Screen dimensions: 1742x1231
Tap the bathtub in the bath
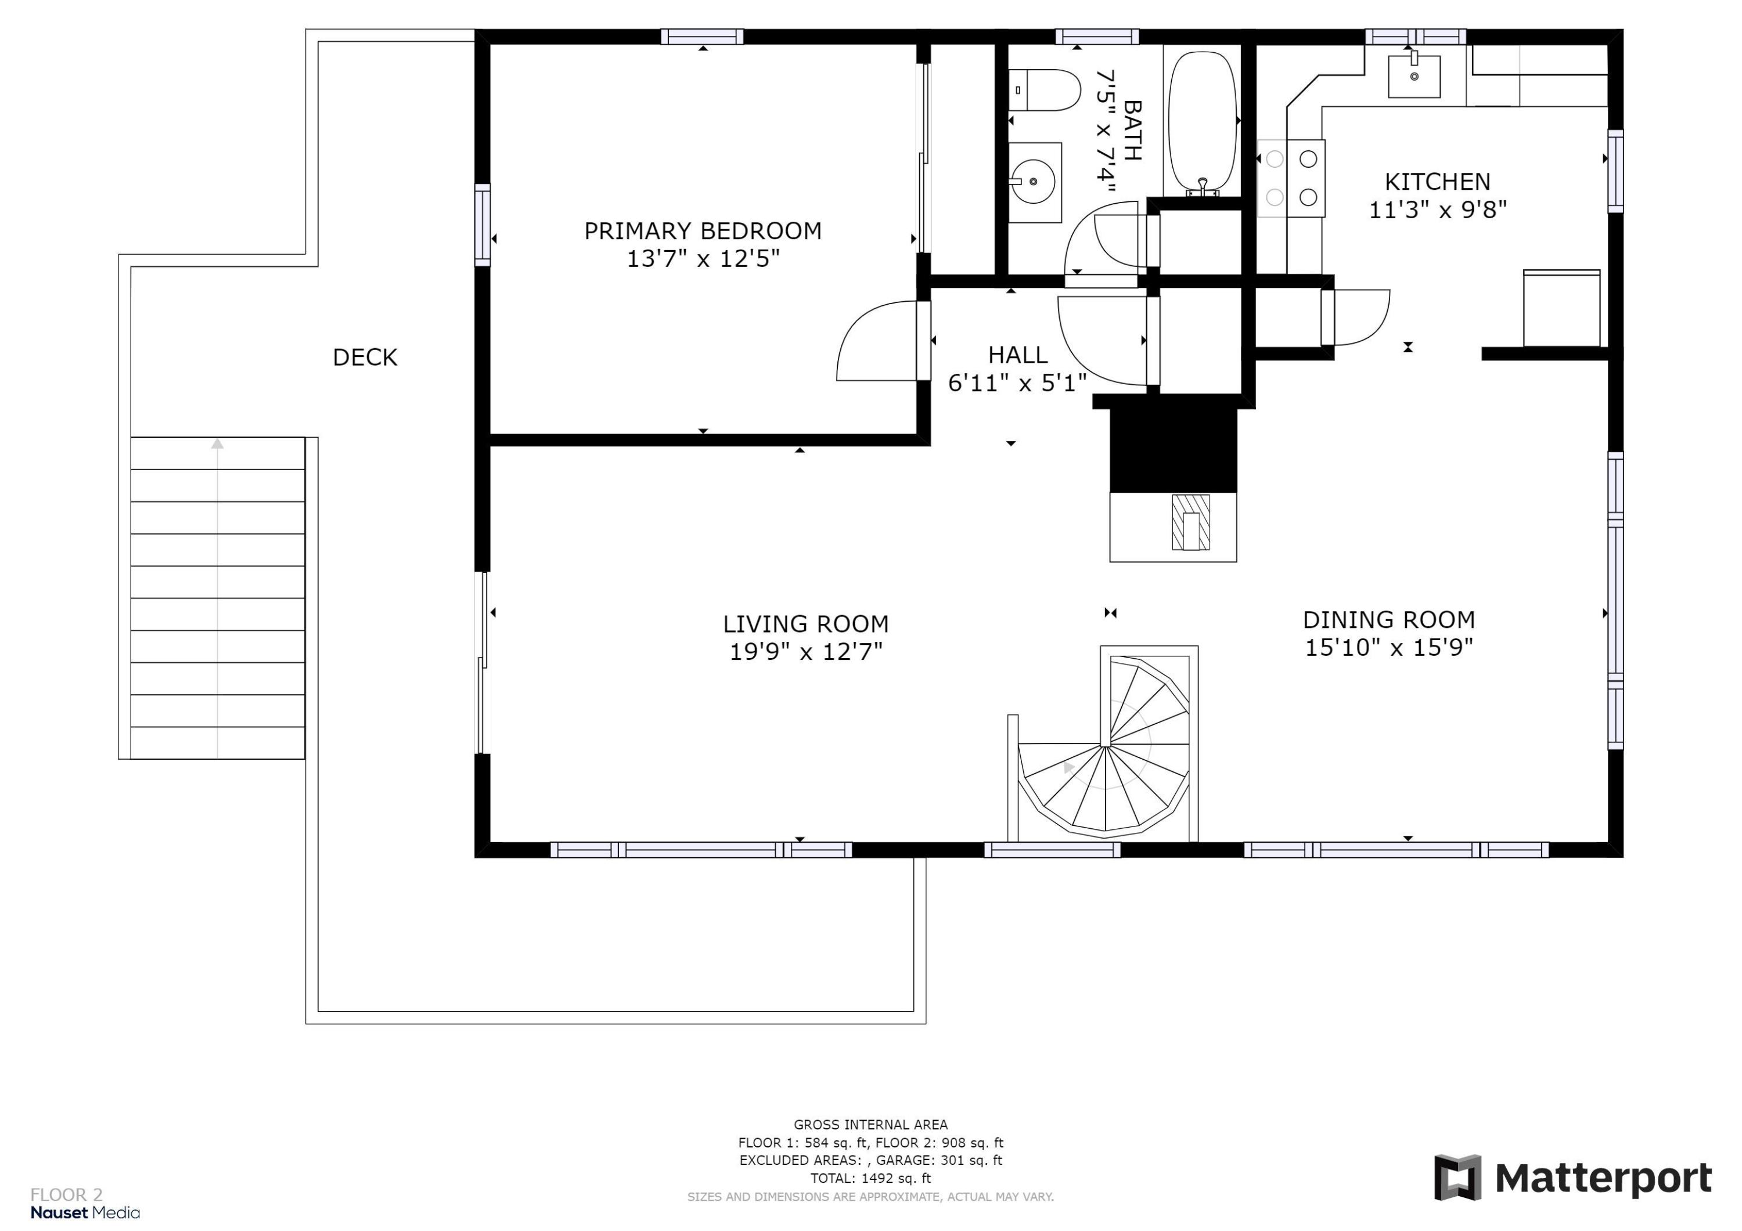tap(1203, 121)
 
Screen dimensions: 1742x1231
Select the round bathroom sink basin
tap(1034, 182)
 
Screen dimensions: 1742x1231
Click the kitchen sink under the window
tap(1415, 76)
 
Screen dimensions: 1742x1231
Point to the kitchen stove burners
tap(1291, 178)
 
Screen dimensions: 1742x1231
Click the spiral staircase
tap(1104, 743)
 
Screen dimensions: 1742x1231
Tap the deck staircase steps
tap(218, 598)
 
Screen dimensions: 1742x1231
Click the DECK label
tap(365, 358)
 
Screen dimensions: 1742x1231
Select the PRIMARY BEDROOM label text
tap(703, 230)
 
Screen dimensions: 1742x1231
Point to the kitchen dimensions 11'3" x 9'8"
tap(1437, 210)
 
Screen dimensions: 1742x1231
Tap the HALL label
tap(1017, 354)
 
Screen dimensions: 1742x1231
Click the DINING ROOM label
tap(1388, 620)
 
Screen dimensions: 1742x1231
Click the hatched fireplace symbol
tap(1190, 522)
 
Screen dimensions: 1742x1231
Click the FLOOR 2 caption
tap(66, 1196)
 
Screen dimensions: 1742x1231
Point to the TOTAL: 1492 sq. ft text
tap(870, 1178)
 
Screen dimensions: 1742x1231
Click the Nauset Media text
tap(85, 1213)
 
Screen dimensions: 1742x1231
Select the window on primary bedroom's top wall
tap(702, 37)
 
